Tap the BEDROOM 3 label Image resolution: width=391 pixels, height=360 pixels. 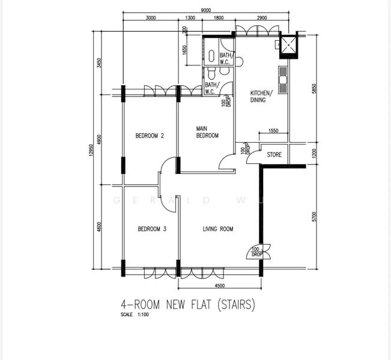(x=152, y=229)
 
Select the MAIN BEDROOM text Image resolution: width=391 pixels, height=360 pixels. (x=208, y=132)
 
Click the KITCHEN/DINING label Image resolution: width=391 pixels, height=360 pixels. (x=261, y=97)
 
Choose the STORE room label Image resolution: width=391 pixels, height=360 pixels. (x=274, y=155)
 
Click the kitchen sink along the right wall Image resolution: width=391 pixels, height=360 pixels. (x=283, y=76)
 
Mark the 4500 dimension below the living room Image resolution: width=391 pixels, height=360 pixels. (x=220, y=286)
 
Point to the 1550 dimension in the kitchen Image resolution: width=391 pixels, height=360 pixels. (x=273, y=130)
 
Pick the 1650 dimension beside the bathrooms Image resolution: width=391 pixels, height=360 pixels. (x=185, y=53)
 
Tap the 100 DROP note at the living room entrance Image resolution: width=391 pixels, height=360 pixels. (x=255, y=251)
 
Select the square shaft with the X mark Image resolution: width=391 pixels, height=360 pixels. (x=290, y=44)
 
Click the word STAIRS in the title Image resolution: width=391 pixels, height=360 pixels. (x=235, y=305)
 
